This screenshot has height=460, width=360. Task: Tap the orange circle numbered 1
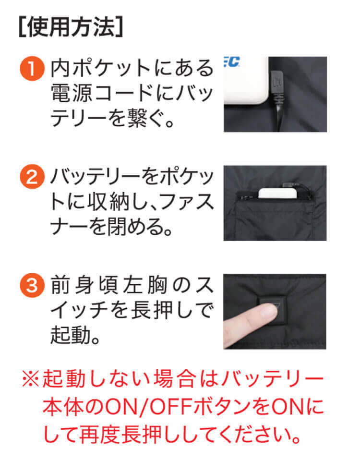[x=32, y=68]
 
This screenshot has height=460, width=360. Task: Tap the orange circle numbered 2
[x=32, y=177]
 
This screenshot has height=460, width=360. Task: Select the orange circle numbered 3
[x=32, y=285]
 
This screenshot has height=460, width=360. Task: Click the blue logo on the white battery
[x=232, y=62]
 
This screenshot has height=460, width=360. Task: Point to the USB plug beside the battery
[x=277, y=83]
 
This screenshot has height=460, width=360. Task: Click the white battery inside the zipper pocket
[x=278, y=194]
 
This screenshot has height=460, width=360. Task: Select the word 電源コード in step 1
[x=100, y=94]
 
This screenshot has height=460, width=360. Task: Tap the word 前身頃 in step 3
[x=84, y=285]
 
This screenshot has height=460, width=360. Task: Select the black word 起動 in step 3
[x=71, y=335]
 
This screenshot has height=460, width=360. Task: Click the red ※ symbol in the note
[x=31, y=379]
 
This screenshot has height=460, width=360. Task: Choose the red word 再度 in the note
[x=99, y=434]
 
